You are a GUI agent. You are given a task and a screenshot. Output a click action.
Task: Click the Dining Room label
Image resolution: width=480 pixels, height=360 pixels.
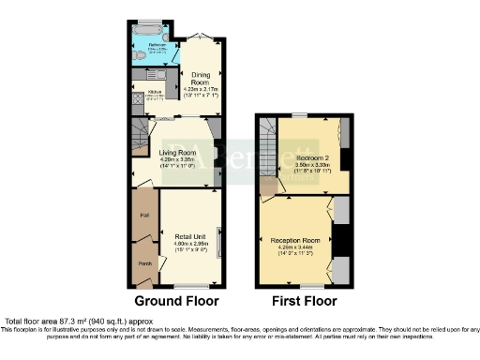tap(201, 77)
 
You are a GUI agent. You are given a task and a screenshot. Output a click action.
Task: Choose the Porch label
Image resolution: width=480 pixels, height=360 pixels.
tap(145, 263)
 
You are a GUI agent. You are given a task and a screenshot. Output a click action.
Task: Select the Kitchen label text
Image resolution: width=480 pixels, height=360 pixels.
tap(155, 92)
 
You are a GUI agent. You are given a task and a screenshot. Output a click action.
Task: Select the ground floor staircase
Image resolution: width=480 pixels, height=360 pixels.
tap(139, 136)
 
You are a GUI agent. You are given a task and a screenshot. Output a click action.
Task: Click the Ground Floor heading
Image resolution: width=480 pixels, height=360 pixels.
tap(177, 302)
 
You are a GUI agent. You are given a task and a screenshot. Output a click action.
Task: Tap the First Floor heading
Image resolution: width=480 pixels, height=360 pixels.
tap(304, 302)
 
